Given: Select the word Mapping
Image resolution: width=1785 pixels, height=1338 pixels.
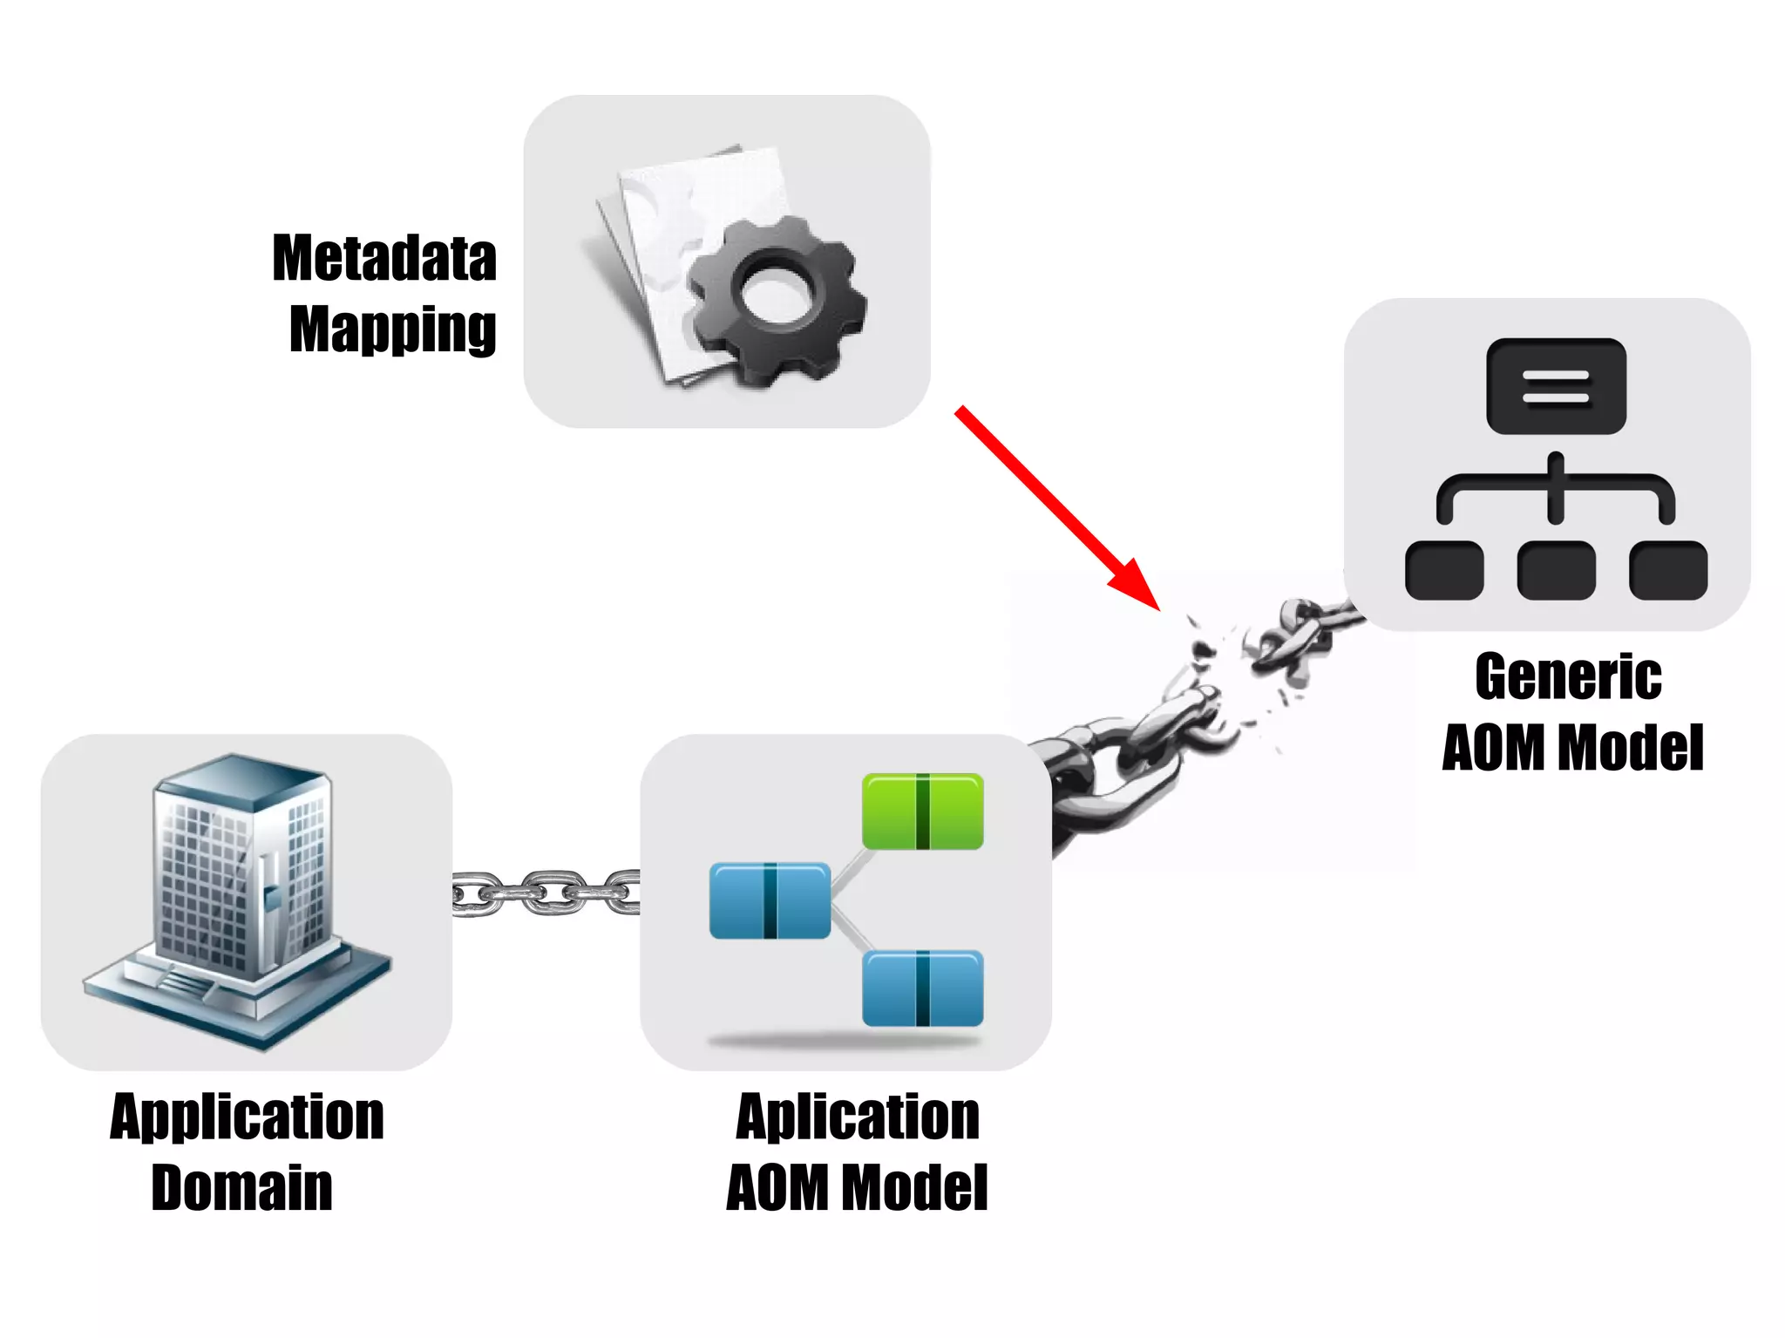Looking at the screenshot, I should (x=392, y=329).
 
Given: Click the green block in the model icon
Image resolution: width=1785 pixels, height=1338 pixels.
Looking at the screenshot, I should (x=922, y=811).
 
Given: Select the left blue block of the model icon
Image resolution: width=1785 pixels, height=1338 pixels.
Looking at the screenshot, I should (x=770, y=900).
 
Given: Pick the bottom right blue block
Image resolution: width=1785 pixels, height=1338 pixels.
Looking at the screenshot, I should (x=922, y=988).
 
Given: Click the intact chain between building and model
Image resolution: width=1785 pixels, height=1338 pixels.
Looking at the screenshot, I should (x=546, y=893).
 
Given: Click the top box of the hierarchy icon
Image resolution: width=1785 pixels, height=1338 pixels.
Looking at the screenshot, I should (x=1556, y=386).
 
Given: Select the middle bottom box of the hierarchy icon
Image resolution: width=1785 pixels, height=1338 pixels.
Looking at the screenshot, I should (x=1556, y=570).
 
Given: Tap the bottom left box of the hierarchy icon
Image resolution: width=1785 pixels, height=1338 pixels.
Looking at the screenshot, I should (x=1444, y=570).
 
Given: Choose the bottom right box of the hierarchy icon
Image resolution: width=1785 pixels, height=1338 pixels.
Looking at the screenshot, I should (x=1667, y=570).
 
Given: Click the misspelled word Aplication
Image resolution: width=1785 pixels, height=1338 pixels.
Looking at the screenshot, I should (x=858, y=1117).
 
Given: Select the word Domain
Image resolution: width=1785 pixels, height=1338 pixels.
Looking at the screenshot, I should (x=241, y=1187).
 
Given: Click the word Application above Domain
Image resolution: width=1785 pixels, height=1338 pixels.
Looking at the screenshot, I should (x=247, y=1117).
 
